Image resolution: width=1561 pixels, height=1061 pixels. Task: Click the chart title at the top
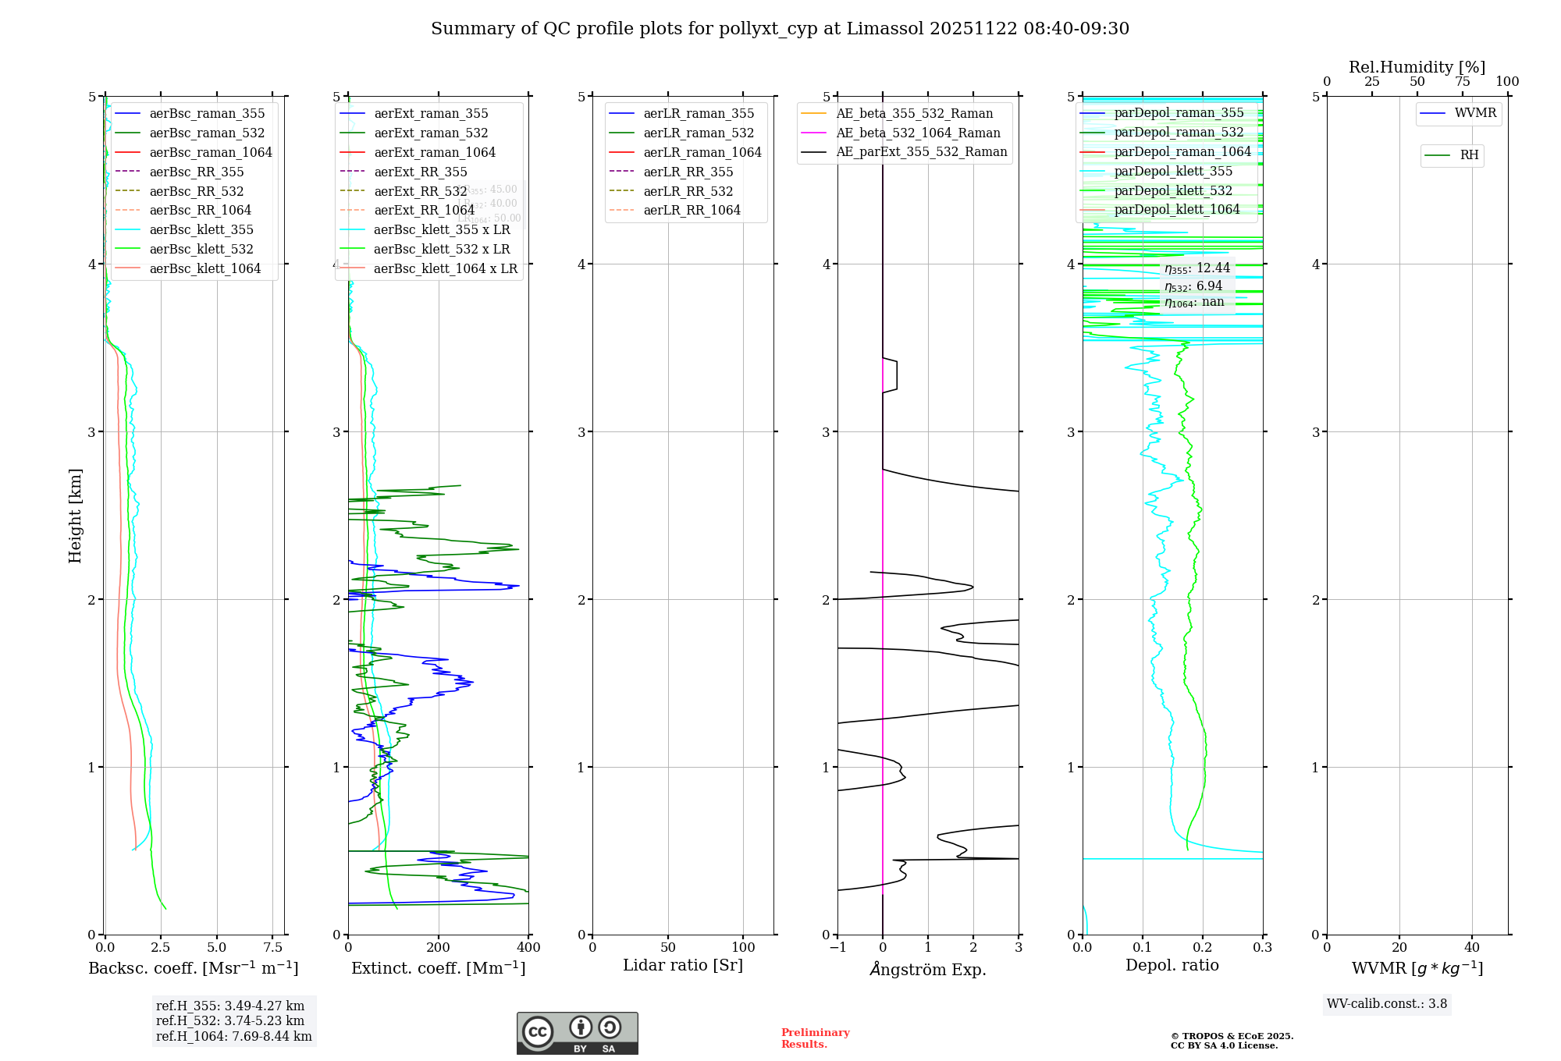pos(780,29)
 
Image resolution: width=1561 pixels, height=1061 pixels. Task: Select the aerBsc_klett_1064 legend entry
pos(204,268)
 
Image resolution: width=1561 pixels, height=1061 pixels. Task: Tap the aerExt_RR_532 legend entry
pos(420,191)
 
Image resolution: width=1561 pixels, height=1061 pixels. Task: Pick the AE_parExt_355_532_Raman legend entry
pos(921,151)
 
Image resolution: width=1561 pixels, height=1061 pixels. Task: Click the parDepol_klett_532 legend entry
pos(1172,190)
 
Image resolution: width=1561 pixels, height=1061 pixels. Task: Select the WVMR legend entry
pos(1475,113)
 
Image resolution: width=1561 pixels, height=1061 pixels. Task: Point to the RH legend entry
pos(1469,155)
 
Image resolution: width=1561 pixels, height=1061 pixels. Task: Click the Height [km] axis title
pos(75,515)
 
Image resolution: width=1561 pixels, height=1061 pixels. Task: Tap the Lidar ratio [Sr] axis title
pos(683,966)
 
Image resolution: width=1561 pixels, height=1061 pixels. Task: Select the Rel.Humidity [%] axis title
pos(1417,67)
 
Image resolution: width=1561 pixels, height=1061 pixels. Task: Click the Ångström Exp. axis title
pos(928,969)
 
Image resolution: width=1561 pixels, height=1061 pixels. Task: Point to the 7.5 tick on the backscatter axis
pos(272,948)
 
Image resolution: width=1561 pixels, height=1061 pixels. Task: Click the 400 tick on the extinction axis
pos(528,948)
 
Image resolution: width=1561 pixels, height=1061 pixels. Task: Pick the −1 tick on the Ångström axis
pos(837,948)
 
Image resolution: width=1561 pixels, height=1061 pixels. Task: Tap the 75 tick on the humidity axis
pos(1462,82)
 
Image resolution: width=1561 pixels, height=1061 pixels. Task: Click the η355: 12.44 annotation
pos(1197,268)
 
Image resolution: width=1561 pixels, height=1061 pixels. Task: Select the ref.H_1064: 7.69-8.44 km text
pos(233,1037)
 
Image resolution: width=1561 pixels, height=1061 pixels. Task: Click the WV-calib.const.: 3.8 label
pos(1387,1004)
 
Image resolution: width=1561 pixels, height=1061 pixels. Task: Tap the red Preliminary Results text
pos(815,1038)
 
